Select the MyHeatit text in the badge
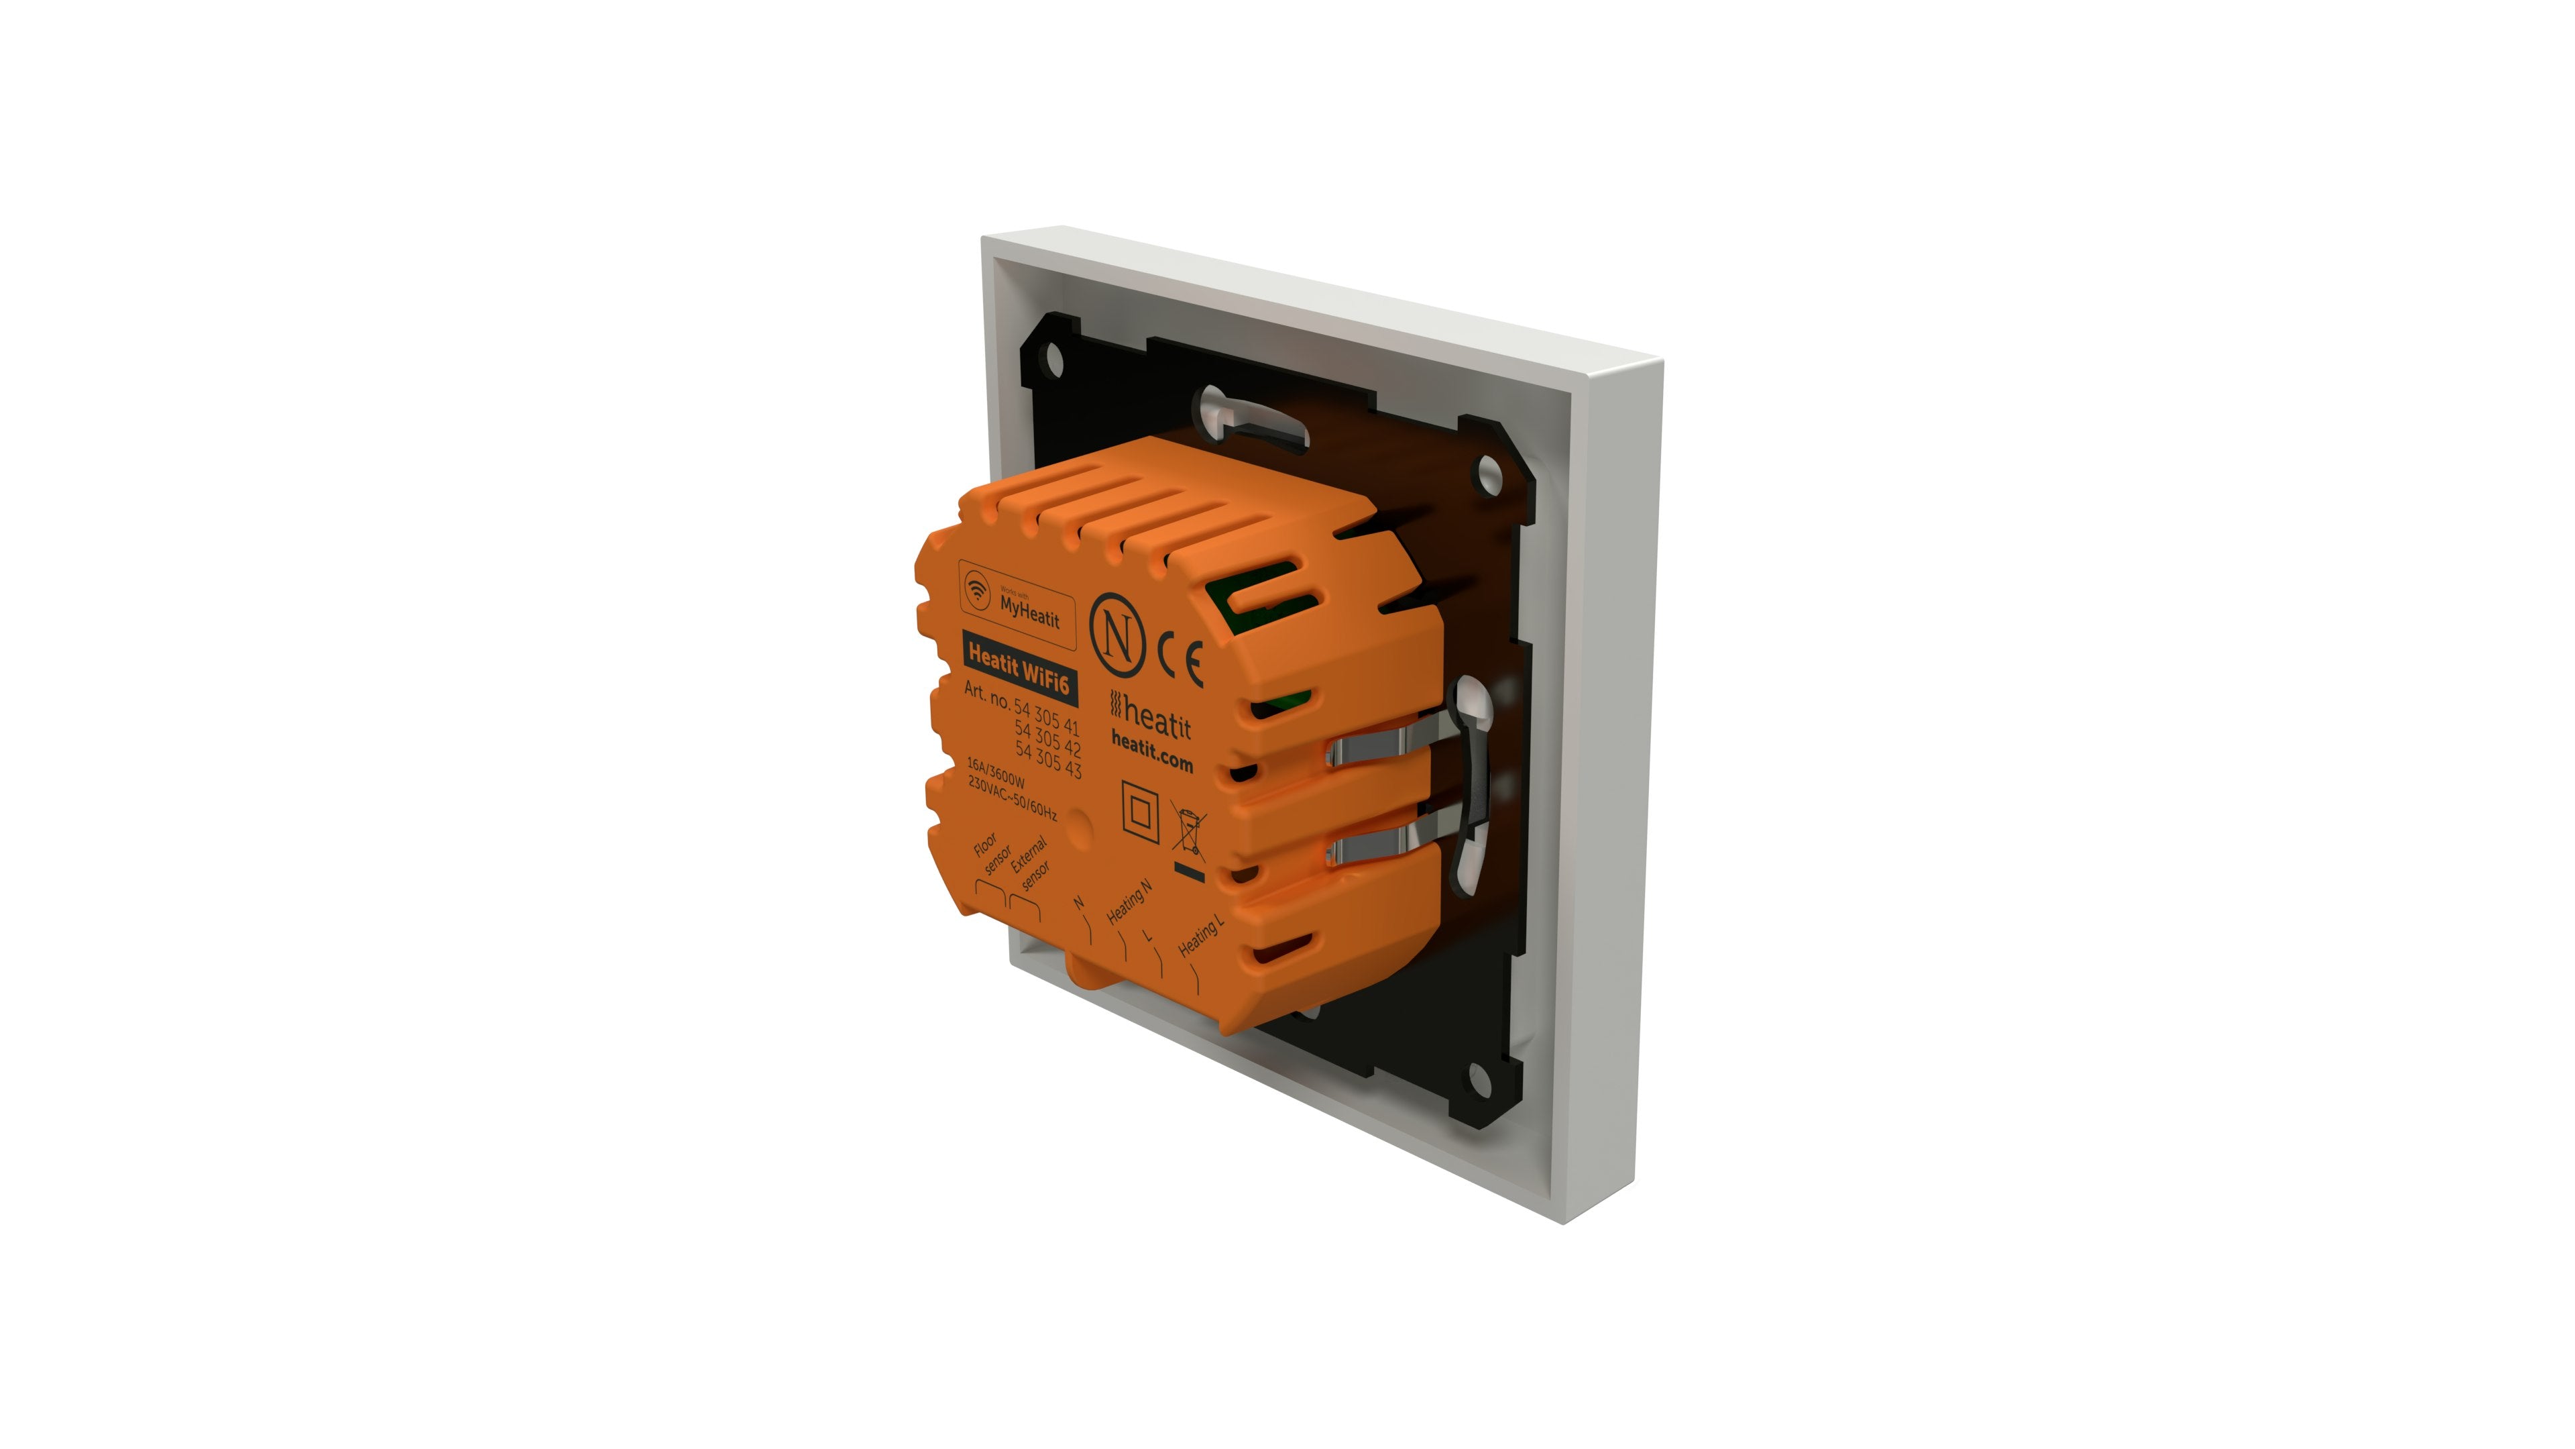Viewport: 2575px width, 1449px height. point(1029,611)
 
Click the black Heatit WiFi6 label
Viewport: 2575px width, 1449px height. point(1019,671)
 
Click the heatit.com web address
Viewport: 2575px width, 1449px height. point(1151,751)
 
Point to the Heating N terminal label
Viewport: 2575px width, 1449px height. point(1129,902)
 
